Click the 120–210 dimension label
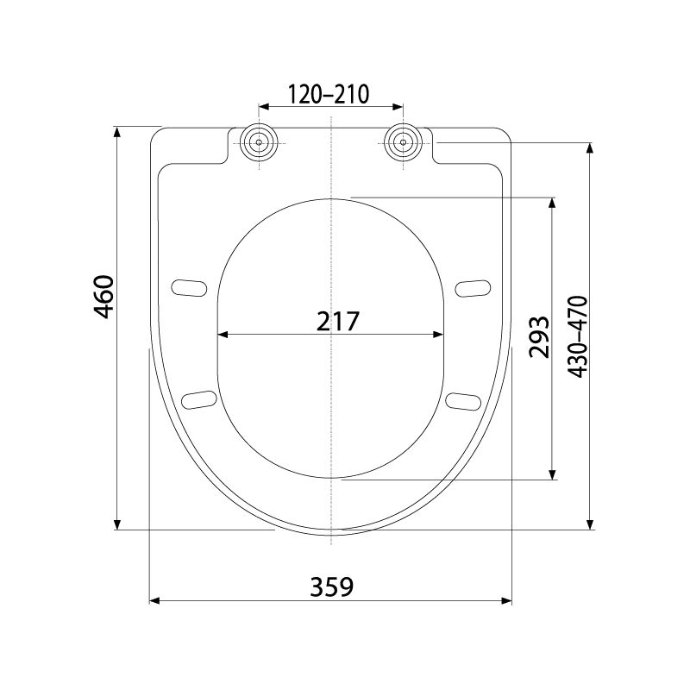(x=329, y=94)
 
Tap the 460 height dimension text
(x=104, y=297)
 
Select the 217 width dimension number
(x=338, y=321)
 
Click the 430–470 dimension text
(x=577, y=336)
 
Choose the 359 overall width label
(x=332, y=586)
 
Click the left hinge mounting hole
(x=259, y=142)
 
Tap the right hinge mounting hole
(x=403, y=142)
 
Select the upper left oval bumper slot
(x=189, y=288)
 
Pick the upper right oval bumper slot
(x=473, y=289)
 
